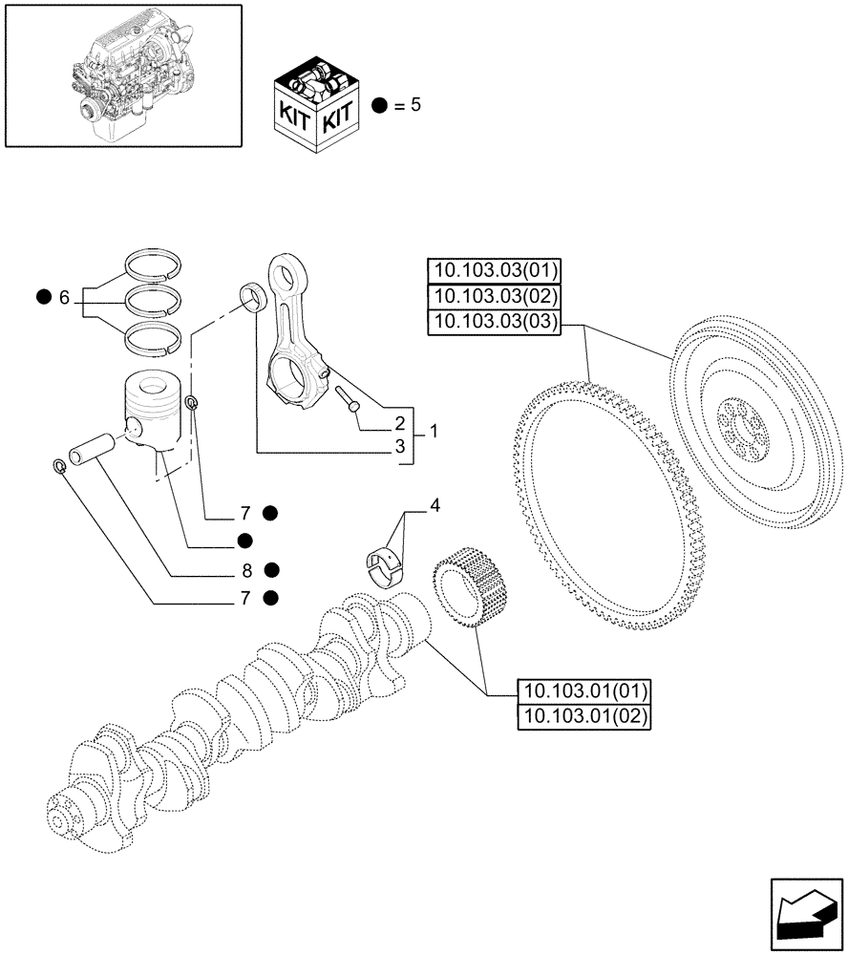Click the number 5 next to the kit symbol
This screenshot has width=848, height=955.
click(x=415, y=104)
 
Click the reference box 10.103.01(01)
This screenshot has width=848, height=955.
click(x=583, y=691)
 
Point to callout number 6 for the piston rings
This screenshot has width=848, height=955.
click(x=64, y=298)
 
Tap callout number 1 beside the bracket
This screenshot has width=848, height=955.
click(x=433, y=433)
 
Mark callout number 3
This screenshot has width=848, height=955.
click(x=400, y=446)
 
